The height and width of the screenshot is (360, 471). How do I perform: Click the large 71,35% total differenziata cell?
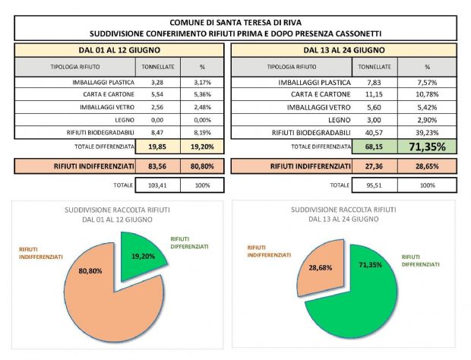[427, 147]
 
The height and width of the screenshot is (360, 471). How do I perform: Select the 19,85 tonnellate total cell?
[158, 147]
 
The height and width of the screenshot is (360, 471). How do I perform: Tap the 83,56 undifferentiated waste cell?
[158, 166]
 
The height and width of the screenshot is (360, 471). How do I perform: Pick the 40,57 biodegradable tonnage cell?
[375, 132]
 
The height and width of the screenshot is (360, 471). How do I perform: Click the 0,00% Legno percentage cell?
[202, 120]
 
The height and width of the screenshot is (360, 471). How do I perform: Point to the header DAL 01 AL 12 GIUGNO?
[119, 50]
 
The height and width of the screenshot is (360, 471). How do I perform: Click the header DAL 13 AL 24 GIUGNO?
[344, 50]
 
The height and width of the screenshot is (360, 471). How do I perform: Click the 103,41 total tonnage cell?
[158, 185]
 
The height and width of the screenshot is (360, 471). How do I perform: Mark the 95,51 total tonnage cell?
[375, 185]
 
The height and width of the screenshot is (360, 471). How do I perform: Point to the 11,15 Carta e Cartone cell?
[375, 94]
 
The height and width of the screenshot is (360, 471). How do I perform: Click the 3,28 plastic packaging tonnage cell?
[158, 82]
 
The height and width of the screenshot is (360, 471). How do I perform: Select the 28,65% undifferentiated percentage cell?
[427, 166]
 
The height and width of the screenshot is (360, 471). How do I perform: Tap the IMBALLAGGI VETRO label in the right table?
[319, 108]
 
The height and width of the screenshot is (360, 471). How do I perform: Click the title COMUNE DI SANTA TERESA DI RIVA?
[235, 23]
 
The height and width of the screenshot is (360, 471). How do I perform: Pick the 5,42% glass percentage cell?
[427, 108]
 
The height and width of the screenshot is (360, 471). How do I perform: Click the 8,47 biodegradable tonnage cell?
[158, 132]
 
